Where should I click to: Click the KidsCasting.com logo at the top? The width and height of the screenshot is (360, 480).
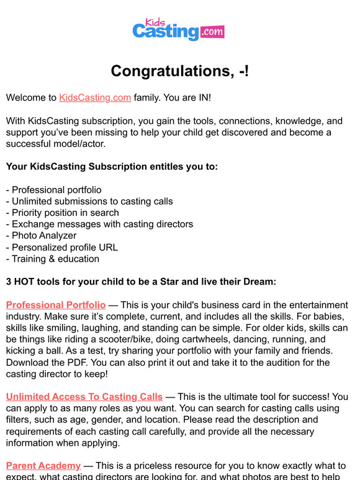tap(178, 29)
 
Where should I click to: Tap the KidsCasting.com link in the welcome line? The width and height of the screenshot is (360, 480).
tap(95, 98)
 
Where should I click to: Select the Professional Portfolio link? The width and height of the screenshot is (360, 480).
tap(56, 305)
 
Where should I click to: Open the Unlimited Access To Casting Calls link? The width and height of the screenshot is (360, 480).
tap(84, 397)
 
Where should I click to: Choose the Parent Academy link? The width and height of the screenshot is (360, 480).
tap(43, 466)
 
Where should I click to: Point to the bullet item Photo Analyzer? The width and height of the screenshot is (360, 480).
tap(41, 236)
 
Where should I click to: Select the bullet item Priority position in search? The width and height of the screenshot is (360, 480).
tap(63, 213)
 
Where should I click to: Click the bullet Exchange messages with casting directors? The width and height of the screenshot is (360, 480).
tap(99, 224)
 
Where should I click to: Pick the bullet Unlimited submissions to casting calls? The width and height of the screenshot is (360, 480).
tap(89, 201)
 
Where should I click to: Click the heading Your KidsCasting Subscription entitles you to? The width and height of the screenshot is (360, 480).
tap(112, 167)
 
